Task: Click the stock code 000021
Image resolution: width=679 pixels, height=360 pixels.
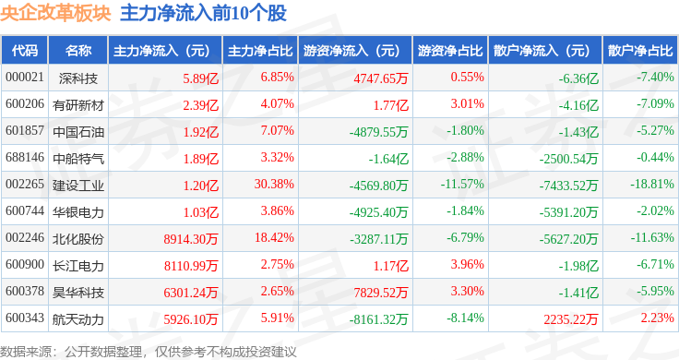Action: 25,78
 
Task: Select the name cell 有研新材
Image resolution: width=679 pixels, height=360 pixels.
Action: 78,105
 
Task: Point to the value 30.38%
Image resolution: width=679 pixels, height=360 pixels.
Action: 274,184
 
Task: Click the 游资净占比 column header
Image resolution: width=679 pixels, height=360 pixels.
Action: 450,51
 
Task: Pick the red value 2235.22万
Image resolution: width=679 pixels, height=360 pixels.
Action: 571,319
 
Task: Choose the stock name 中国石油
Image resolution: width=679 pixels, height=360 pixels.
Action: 78,132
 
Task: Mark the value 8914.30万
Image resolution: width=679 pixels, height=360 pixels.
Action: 191,239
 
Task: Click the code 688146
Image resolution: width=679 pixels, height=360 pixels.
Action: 25,157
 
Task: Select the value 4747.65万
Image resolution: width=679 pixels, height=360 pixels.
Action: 381,78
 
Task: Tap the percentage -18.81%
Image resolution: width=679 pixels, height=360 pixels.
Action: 652,184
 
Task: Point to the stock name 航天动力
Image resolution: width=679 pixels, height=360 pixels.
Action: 78,319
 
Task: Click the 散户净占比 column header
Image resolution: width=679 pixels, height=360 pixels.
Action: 640,51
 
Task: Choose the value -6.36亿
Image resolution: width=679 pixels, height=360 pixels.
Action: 578,78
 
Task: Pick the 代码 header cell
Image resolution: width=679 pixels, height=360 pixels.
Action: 25,51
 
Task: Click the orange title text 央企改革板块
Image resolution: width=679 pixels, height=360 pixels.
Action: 55,13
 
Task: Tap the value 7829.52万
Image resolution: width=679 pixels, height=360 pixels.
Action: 381,293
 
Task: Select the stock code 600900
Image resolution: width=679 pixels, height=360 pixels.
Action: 25,264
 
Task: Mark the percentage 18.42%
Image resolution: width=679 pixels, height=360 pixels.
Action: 274,238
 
